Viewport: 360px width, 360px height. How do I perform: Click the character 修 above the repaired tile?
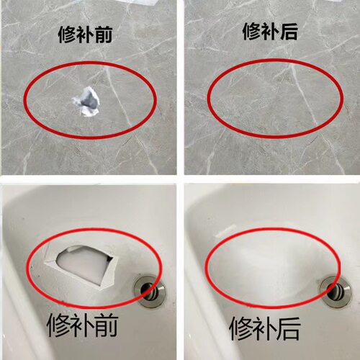pyautogui.click(x=253, y=32)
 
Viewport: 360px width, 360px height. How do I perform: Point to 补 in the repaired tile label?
pyautogui.click(x=273, y=32)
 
